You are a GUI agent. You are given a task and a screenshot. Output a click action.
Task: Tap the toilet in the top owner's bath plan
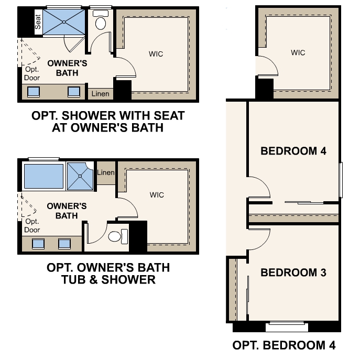(x=100, y=22)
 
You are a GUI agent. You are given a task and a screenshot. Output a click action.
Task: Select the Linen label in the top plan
(x=100, y=94)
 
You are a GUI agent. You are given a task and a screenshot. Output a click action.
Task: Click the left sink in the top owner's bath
(x=34, y=92)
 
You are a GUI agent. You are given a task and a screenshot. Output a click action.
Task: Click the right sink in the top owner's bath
(x=74, y=92)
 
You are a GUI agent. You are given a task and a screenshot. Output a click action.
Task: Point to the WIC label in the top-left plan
(x=156, y=52)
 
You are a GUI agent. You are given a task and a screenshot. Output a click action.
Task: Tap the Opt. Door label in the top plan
(x=31, y=74)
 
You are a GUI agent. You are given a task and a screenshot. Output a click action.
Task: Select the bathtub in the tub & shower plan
(x=43, y=176)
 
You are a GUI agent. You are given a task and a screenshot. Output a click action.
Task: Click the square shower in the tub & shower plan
(x=80, y=177)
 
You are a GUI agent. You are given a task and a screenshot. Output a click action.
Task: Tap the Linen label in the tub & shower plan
(x=106, y=173)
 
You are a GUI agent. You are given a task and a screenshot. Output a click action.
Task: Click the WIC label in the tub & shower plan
(x=157, y=195)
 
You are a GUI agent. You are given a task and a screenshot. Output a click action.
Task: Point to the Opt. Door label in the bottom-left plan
(x=32, y=226)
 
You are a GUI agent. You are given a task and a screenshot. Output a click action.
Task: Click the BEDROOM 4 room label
(x=293, y=151)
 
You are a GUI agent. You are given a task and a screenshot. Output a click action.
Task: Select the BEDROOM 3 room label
(x=293, y=273)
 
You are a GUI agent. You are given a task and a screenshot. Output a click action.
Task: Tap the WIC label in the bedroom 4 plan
(x=298, y=53)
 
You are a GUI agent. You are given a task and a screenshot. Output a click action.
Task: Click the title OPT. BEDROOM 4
(x=283, y=345)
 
